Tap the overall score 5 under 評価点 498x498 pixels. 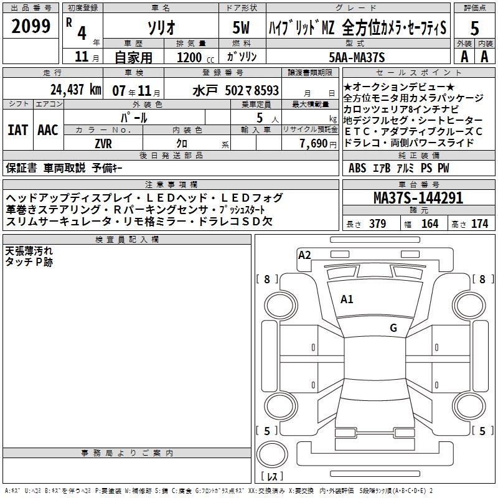(x=474, y=29)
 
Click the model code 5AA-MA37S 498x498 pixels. (x=357, y=57)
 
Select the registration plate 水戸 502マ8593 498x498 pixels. (x=235, y=90)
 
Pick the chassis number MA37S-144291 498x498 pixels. (x=418, y=199)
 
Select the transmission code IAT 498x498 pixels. (x=17, y=130)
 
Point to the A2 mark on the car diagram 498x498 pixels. (x=304, y=255)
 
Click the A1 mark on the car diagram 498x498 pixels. (x=347, y=299)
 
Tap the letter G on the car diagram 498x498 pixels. (x=393, y=328)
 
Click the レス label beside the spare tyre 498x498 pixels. (x=272, y=477)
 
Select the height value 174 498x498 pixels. (x=480, y=223)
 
